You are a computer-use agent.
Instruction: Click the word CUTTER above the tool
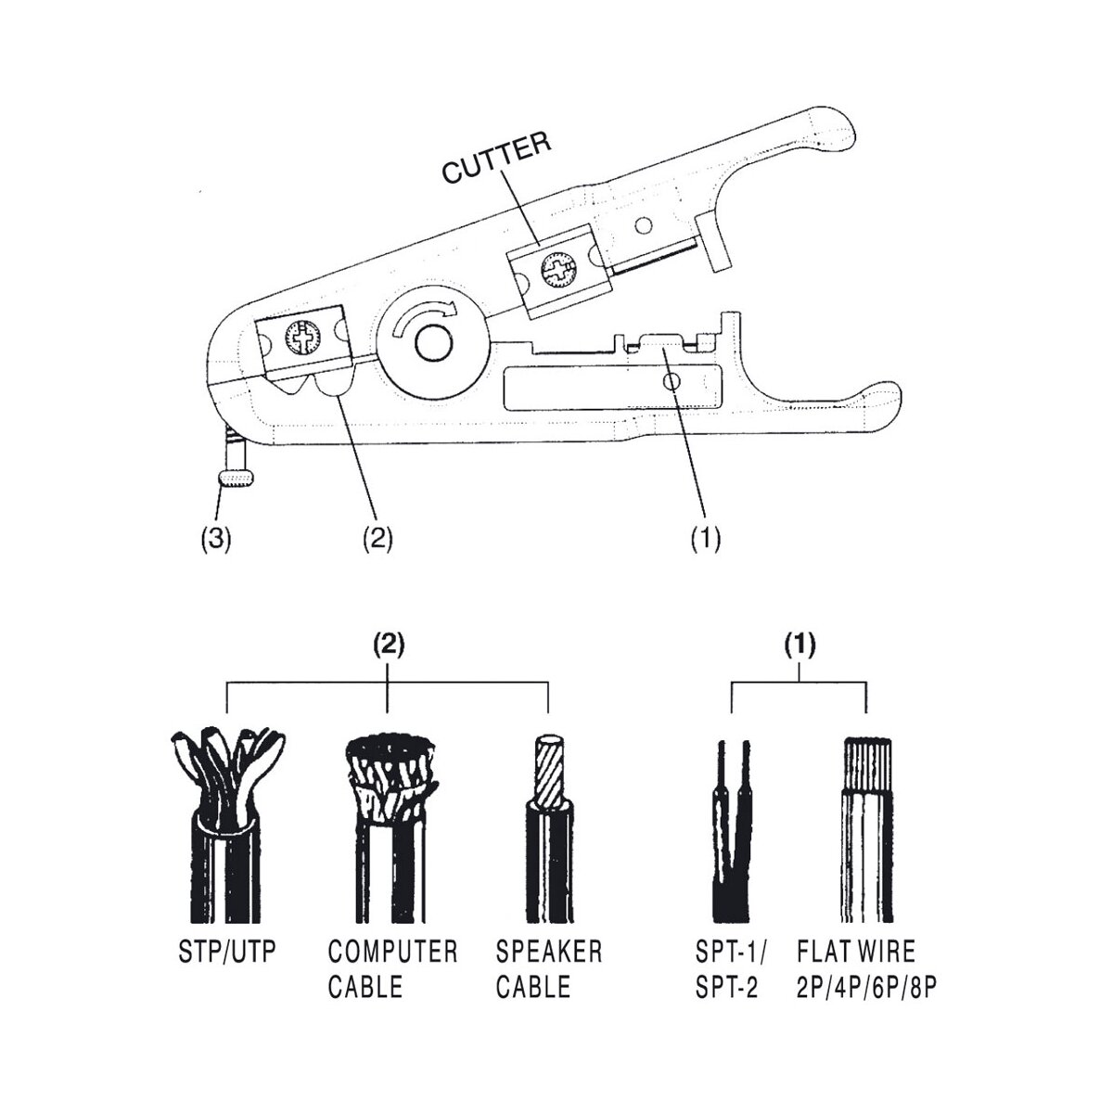[x=497, y=158]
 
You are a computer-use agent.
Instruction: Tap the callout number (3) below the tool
[x=215, y=541]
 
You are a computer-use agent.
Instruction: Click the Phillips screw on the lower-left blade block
[x=302, y=338]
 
